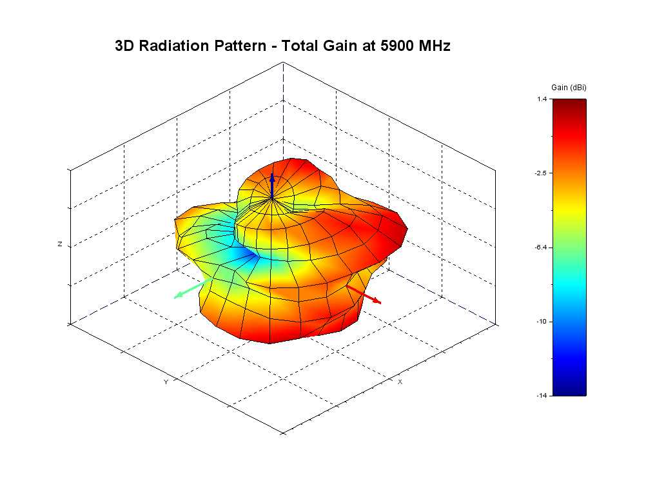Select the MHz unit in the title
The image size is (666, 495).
(x=433, y=46)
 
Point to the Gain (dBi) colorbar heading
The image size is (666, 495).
(x=569, y=87)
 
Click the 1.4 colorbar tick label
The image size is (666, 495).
(x=542, y=99)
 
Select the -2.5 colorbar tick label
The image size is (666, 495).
(x=541, y=173)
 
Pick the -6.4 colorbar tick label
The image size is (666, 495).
(x=541, y=247)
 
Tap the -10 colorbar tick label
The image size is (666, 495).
(x=542, y=322)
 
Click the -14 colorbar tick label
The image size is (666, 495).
(x=542, y=395)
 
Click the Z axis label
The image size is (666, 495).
(x=60, y=244)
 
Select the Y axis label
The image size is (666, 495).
(x=166, y=382)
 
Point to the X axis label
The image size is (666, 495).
(x=400, y=382)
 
